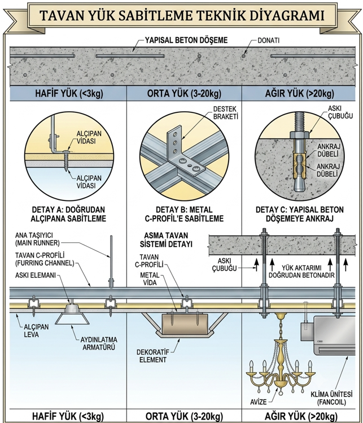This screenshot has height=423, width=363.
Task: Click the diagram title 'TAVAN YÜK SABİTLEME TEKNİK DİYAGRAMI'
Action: point(182,15)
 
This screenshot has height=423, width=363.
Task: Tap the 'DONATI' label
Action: point(268,41)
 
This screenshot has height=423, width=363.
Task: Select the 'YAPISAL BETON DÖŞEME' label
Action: point(186,40)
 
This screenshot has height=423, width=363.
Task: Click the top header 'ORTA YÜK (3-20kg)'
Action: point(184,94)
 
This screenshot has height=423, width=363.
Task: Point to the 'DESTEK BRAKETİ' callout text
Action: point(225,112)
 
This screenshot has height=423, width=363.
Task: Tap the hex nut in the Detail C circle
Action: point(300,134)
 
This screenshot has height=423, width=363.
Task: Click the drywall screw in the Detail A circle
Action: point(67,161)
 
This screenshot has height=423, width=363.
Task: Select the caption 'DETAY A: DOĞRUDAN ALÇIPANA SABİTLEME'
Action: point(68,214)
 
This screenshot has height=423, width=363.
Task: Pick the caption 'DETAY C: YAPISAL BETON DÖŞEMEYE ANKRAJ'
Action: point(299,214)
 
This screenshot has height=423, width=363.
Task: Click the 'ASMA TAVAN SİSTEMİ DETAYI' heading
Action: point(166,239)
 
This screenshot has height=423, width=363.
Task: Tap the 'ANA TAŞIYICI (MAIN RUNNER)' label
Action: point(37,239)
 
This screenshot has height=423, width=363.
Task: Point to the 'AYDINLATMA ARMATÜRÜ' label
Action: point(99,343)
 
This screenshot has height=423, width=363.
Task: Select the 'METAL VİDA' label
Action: point(150,278)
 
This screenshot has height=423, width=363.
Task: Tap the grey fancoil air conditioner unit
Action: point(334,335)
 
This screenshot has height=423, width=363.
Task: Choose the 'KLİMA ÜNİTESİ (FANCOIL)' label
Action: point(331,398)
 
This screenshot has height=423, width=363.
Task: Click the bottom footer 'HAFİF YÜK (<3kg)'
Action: point(68,416)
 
